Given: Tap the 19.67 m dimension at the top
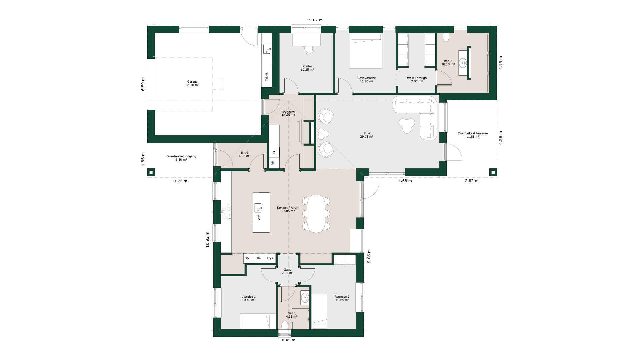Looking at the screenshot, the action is click(x=315, y=20).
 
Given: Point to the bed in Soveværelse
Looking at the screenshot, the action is click(x=366, y=51).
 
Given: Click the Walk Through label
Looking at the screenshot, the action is click(x=417, y=78).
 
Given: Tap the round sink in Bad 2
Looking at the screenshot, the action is click(x=463, y=62).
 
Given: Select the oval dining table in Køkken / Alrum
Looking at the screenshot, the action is click(x=316, y=214).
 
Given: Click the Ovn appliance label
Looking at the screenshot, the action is click(x=249, y=258).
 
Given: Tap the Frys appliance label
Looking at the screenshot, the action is click(x=270, y=258).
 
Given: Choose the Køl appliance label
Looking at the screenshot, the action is click(x=259, y=258).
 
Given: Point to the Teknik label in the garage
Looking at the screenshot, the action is click(x=267, y=77).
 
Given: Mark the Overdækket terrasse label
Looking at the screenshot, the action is click(x=473, y=133).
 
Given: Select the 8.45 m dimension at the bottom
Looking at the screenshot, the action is click(x=289, y=340).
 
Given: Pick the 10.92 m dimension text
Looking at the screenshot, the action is click(x=207, y=239).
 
